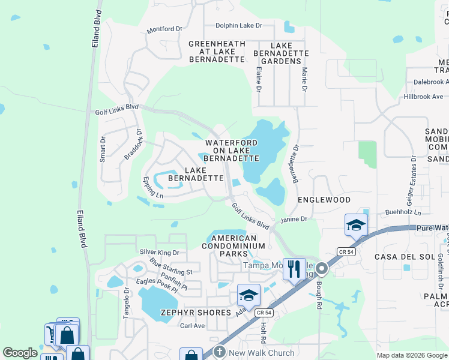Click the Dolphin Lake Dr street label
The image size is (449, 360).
(x=240, y=25)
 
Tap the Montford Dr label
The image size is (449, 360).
(x=164, y=29)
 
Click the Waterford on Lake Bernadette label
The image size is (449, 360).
(x=232, y=151)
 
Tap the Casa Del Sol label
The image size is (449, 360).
(x=400, y=257)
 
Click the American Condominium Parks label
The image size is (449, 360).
(x=234, y=246)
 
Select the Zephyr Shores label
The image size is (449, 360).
(x=196, y=313)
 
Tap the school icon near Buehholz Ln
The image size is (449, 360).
(x=356, y=225)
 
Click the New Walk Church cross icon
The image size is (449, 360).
(x=220, y=353)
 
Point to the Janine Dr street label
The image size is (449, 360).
(x=294, y=220)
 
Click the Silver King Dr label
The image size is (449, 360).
(x=159, y=253)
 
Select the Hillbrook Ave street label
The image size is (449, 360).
(x=423, y=97)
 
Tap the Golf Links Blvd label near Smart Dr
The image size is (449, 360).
(x=116, y=109)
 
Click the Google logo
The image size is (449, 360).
(x=20, y=353)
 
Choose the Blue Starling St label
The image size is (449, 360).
(x=171, y=268)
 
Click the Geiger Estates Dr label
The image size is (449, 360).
(x=413, y=178)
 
